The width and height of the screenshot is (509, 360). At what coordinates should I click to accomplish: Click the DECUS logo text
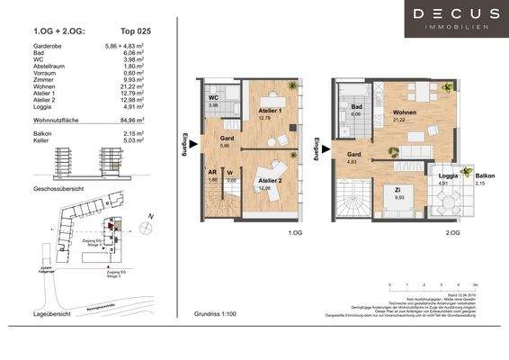[x=456, y=13]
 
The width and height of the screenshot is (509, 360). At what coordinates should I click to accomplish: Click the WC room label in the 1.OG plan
[x=214, y=97]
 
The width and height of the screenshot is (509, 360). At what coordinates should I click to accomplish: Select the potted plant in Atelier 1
[x=292, y=86]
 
